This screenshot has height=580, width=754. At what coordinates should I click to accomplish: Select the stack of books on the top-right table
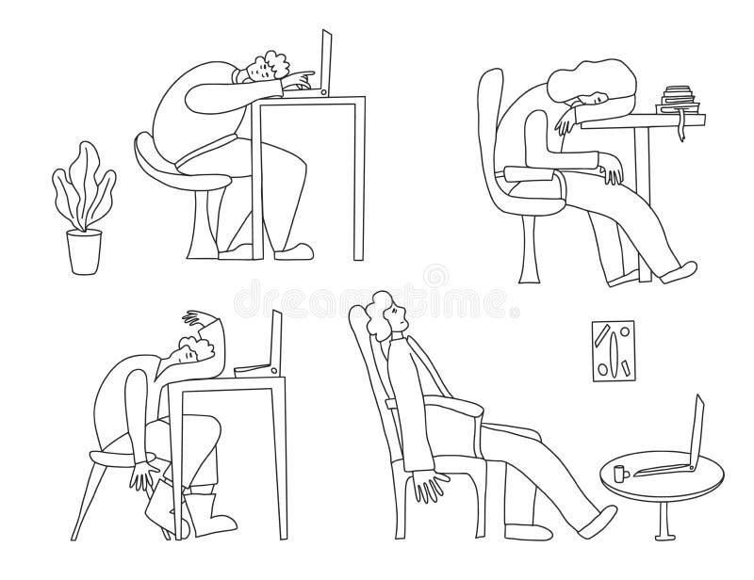(x=678, y=98)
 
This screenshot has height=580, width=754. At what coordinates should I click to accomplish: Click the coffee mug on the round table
(x=617, y=473)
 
